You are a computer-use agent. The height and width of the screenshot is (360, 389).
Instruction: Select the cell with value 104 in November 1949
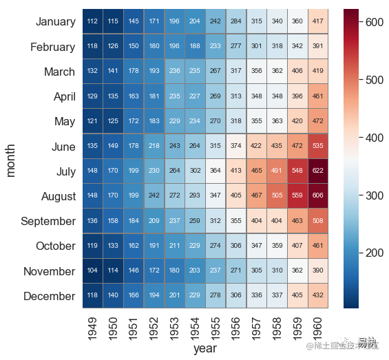[92, 271]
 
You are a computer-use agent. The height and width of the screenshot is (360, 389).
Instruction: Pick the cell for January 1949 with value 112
[92, 22]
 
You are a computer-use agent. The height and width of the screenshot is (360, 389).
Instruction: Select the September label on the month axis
[48, 222]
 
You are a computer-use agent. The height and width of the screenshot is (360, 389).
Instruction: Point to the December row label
[50, 296]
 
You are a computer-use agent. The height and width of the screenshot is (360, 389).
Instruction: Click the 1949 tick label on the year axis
[93, 327]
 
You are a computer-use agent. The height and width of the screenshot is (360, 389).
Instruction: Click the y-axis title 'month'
[12, 159]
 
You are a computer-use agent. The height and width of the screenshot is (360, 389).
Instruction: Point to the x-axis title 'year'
[204, 350]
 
